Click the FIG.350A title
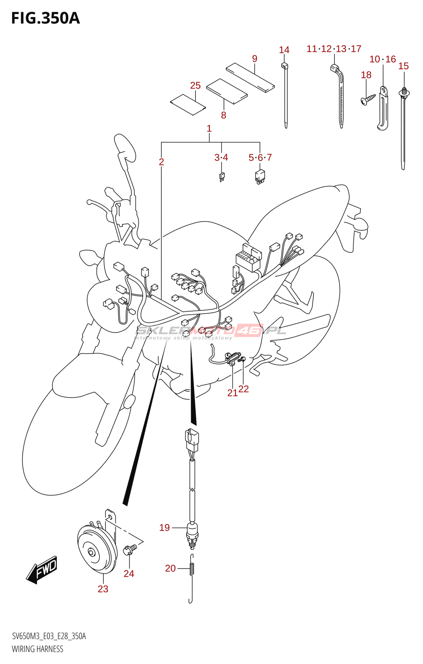45,18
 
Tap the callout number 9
255,59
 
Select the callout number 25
195,85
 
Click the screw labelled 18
367,99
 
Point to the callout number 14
284,50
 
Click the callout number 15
404,66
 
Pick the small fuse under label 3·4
222,177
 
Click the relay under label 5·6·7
260,176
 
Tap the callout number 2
161,162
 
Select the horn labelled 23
96,549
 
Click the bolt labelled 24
130,549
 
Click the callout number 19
165,528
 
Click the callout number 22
244,389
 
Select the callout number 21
232,393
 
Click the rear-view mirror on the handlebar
125,148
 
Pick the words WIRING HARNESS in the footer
38,649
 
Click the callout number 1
209,129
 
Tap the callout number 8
224,115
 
